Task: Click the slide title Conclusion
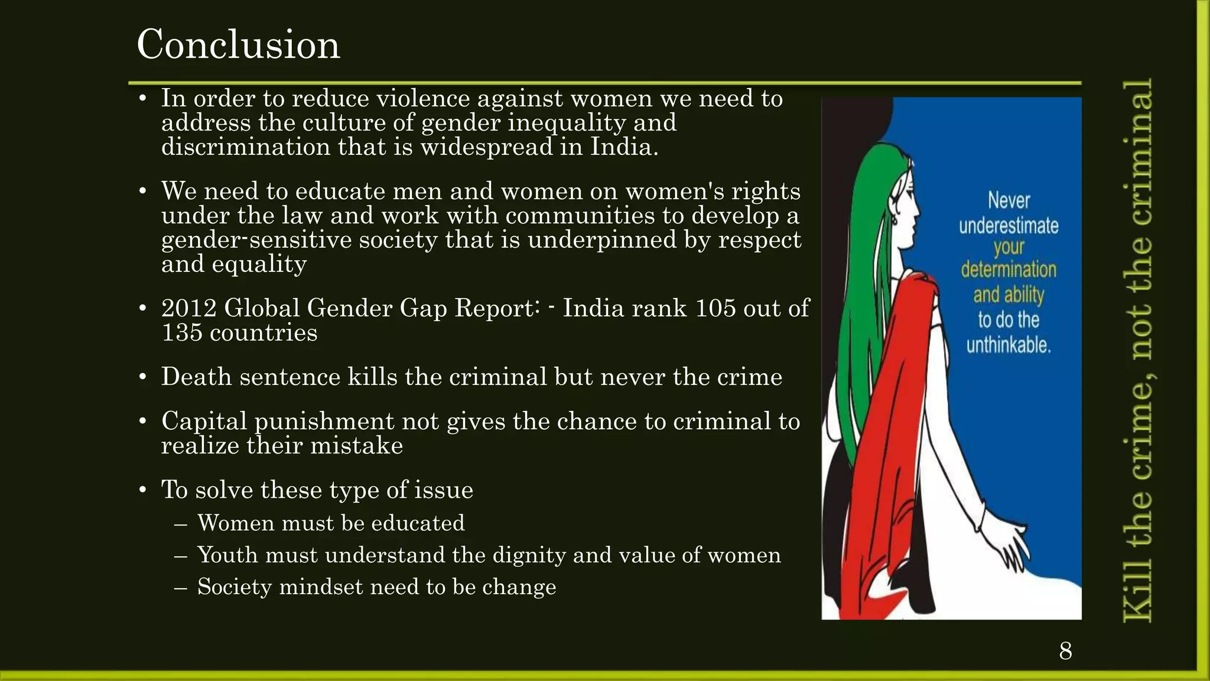238,44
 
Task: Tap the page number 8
1065,651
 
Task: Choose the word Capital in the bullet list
204,421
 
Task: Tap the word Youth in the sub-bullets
227,555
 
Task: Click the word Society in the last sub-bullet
234,587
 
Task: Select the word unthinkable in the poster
1009,345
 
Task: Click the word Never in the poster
1009,200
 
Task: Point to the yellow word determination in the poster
1009,270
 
